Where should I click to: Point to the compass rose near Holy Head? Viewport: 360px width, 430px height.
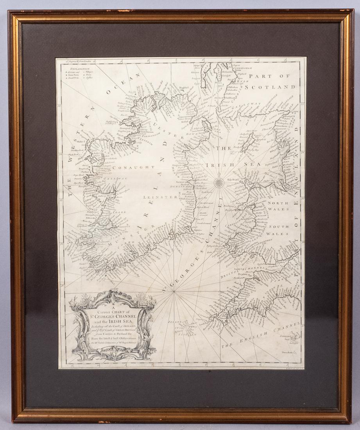(x=219, y=181)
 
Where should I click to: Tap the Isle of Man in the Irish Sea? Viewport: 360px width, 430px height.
(x=248, y=142)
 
